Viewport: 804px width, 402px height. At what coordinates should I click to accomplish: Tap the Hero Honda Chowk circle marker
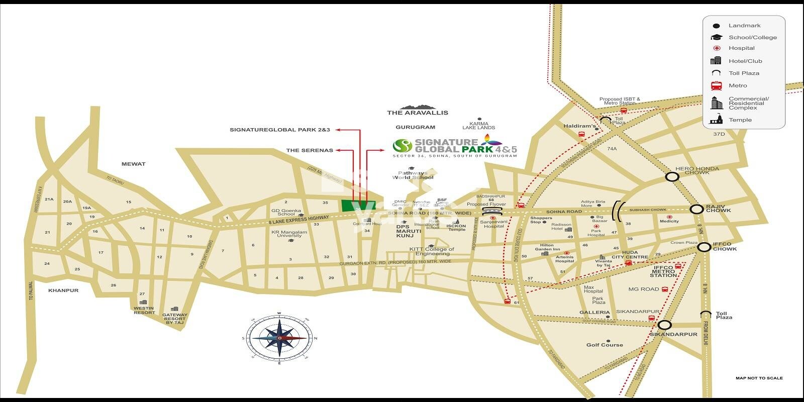tap(672, 176)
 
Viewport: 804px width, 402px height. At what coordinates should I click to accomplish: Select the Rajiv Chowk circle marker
tap(696, 210)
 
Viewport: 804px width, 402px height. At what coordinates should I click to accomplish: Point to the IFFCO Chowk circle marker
tap(705, 247)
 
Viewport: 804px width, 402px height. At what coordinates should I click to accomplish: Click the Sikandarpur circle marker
tap(664, 326)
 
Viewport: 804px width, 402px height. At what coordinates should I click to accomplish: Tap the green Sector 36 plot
tap(354, 206)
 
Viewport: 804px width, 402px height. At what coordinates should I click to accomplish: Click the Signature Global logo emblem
tap(402, 146)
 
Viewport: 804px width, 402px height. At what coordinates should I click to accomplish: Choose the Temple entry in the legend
tap(740, 120)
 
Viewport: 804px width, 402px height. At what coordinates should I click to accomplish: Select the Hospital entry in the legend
tap(741, 48)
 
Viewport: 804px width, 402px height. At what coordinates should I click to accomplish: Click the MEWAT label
tap(133, 164)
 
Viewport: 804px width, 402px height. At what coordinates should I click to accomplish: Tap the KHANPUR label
tap(63, 290)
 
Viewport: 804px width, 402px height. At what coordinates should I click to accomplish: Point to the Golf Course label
tap(605, 345)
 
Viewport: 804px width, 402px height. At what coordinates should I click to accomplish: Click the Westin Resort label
tap(144, 310)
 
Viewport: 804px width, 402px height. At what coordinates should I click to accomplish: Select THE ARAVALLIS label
tap(418, 113)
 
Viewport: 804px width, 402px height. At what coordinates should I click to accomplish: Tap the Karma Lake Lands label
tap(482, 126)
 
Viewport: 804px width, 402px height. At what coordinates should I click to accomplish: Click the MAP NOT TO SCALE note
tap(759, 378)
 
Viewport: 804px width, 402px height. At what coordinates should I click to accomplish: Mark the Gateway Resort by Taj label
tap(174, 319)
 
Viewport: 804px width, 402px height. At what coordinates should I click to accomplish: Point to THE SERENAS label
tap(310, 150)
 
